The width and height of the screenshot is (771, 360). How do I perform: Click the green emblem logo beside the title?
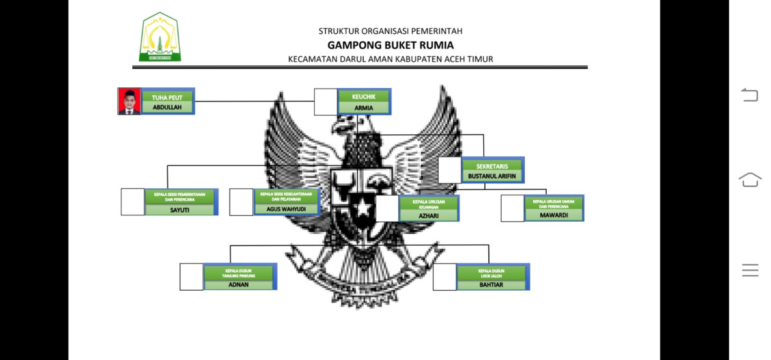point(160,38)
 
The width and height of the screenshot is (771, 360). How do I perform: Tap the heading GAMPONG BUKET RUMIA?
point(390,45)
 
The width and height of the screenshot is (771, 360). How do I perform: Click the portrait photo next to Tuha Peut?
point(129,102)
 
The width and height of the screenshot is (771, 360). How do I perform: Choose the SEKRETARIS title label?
point(492,166)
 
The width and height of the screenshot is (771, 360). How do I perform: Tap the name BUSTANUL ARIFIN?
point(492,176)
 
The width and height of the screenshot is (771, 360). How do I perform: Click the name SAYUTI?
point(180,210)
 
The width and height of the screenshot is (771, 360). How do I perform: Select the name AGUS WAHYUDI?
point(286,209)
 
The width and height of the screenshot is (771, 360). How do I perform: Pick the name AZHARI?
point(429,216)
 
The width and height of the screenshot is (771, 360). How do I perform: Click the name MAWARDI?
point(553,215)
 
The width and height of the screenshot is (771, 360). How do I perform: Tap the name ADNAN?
point(238,284)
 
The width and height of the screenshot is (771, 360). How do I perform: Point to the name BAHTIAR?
point(492,284)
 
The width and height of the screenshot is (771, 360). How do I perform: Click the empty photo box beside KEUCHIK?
point(325,102)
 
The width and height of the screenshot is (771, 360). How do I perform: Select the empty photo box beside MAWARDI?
point(512,208)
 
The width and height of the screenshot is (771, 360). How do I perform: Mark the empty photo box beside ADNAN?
point(191,276)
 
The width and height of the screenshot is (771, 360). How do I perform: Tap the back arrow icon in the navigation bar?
point(750,96)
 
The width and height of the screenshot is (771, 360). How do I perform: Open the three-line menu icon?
point(750,270)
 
